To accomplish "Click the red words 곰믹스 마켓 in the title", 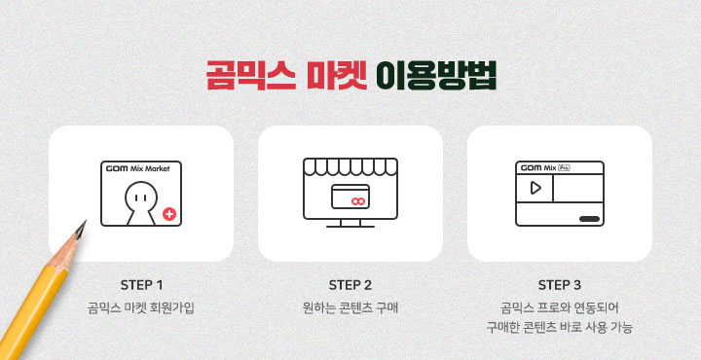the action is tap(286, 76).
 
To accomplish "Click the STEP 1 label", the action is tap(142, 285).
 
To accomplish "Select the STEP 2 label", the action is tap(350, 285).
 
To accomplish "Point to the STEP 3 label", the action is tap(559, 285).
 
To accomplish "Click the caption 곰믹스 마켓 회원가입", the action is tap(141, 308).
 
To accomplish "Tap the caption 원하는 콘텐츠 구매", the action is tap(350, 308).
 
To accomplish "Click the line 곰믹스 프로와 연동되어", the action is tap(559, 308).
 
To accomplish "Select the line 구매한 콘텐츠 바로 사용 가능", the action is tap(559, 328).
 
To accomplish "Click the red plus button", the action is tap(169, 214).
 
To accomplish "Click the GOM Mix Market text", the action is tap(137, 169).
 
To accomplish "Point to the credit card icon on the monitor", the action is tap(350, 197).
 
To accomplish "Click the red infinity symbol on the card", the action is tap(357, 201).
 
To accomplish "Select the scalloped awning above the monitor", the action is tap(350, 166).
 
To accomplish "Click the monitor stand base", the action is tap(350, 226).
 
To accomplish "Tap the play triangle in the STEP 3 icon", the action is tap(535, 188).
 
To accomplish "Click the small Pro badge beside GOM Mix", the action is tap(567, 168).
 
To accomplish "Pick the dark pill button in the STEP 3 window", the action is tap(589, 219).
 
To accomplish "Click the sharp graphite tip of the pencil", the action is tap(85, 222).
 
